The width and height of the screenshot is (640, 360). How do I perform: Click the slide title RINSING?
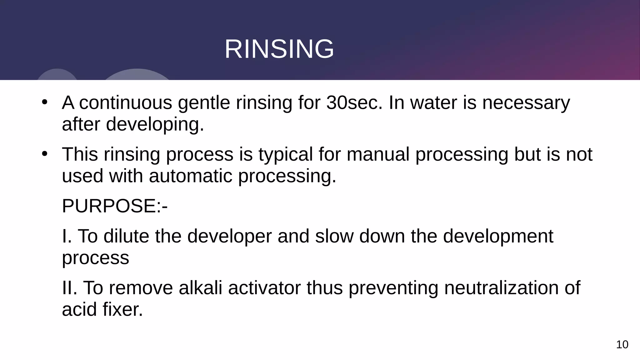(279, 49)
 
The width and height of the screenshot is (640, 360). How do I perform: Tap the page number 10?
(622, 345)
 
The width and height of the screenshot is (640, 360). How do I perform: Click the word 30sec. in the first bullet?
(354, 102)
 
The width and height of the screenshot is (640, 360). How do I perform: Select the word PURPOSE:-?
(115, 206)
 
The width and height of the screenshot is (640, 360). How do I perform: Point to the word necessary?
(526, 103)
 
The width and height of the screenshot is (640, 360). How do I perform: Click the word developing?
(155, 124)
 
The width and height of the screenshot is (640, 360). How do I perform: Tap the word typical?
(285, 154)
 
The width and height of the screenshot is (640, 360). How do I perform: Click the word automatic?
(191, 176)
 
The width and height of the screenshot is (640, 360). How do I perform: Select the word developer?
(229, 237)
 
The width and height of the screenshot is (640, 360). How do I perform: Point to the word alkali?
(200, 288)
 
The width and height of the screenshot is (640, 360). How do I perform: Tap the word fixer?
(122, 309)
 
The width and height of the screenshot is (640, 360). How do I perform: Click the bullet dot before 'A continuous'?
(44, 102)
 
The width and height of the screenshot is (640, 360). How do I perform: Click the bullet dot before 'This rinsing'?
(44, 154)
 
